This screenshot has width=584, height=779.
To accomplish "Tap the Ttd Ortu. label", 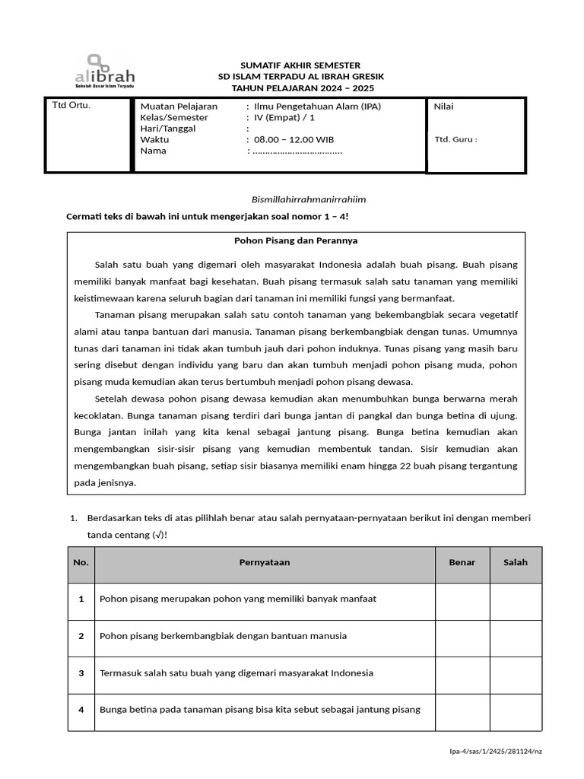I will click(71, 105).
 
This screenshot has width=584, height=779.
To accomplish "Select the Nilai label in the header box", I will click(443, 107).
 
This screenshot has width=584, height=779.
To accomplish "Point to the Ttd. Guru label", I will click(455, 139).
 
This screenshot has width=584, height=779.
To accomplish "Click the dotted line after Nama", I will click(297, 151).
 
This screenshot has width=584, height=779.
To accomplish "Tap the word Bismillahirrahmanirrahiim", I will click(309, 199).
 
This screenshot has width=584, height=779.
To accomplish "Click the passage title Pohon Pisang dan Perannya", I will click(295, 240).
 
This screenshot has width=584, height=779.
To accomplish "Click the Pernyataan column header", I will click(264, 563).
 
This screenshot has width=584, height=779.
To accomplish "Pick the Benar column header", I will click(462, 563).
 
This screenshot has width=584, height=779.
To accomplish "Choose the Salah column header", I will click(515, 563).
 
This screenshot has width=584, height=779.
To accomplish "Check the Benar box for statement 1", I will click(462, 599).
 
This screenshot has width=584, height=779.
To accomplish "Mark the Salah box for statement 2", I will click(515, 636).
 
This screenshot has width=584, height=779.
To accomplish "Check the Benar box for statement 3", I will click(462, 673).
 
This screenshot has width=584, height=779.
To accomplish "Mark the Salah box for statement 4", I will click(515, 711).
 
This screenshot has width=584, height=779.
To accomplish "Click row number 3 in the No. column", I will click(81, 673).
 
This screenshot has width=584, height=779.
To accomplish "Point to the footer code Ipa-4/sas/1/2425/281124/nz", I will click(496, 752).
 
